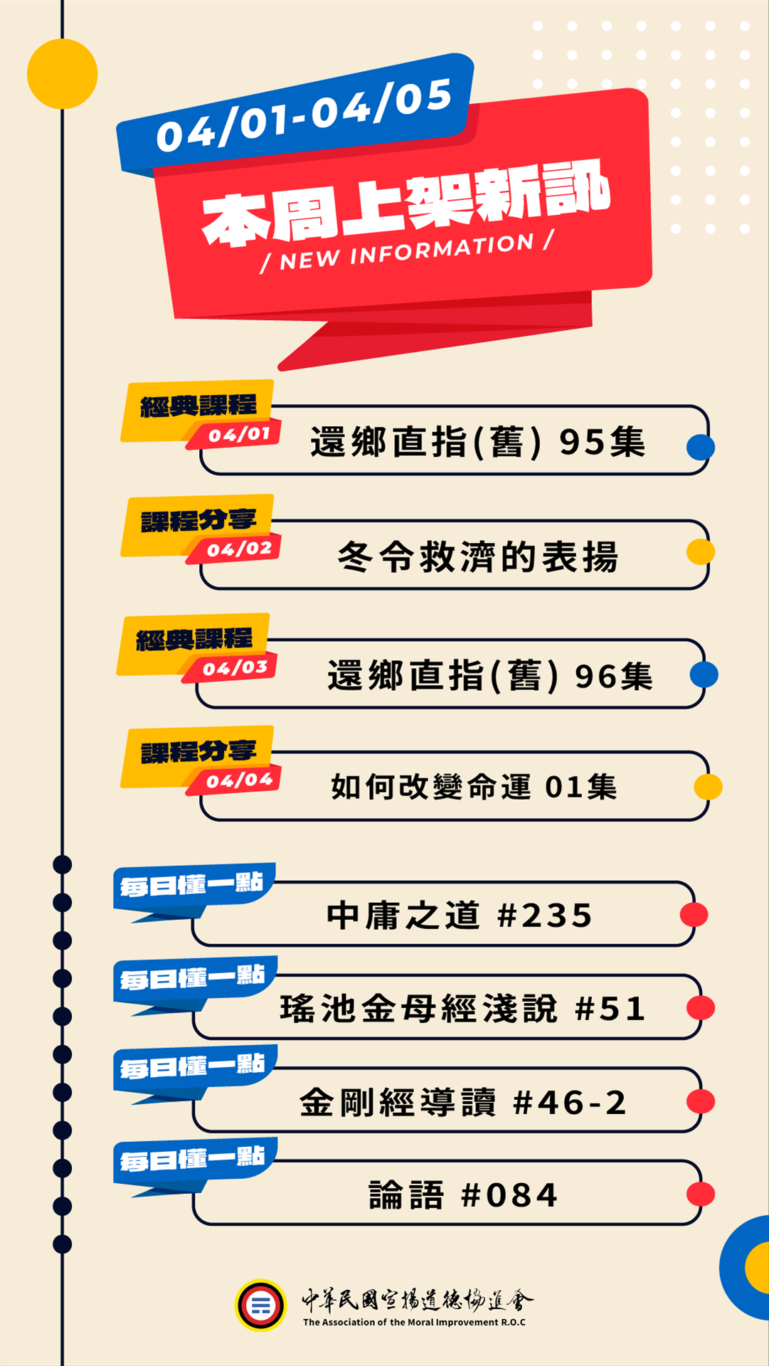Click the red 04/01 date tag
pyautogui.click(x=239, y=435)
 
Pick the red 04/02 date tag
pyautogui.click(x=239, y=549)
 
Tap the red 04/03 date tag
pyautogui.click(x=235, y=668)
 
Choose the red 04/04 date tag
pyautogui.click(x=239, y=780)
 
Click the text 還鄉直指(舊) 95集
pyautogui.click(x=478, y=442)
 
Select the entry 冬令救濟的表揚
pyautogui.click(x=478, y=556)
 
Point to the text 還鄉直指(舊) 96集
pyautogui.click(x=489, y=676)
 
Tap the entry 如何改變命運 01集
pyautogui.click(x=474, y=787)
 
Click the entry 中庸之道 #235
pyautogui.click(x=460, y=916)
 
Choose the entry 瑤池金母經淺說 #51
pyautogui.click(x=463, y=1009)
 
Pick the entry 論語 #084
pyautogui.click(x=463, y=1195)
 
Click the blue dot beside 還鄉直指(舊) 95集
pyautogui.click(x=701, y=448)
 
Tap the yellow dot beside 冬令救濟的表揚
pyautogui.click(x=701, y=551)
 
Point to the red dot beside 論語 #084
pyautogui.click(x=701, y=1195)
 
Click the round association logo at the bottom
pyautogui.click(x=261, y=1306)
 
